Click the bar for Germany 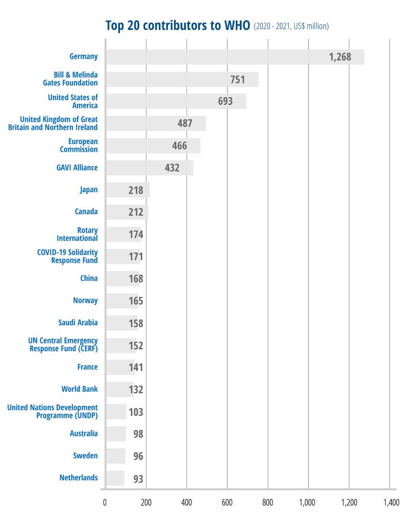tap(235, 57)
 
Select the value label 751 tap(237, 80)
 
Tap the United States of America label tap(73, 101)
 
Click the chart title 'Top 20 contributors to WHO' tap(178, 25)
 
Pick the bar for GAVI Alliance tap(149, 168)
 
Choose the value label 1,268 tap(340, 57)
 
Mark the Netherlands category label tap(79, 478)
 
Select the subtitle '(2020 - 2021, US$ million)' tap(291, 26)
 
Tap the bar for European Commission tap(153, 146)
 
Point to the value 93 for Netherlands tap(138, 479)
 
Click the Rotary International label tap(77, 234)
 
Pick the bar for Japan tap(128, 190)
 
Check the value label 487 tap(185, 123)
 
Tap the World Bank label tap(80, 389)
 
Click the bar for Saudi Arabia tap(122, 323)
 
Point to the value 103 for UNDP tap(136, 412)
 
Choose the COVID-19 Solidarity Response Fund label tap(67, 256)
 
